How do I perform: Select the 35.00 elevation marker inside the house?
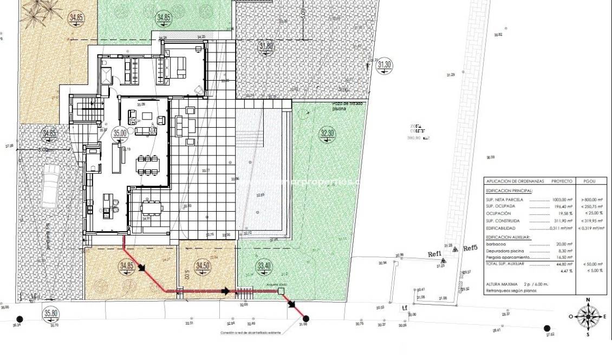pos(119,133)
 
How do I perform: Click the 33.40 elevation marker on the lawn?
pos(263,266)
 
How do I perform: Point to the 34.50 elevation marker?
pos(203,266)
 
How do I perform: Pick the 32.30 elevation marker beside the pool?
pos(328,134)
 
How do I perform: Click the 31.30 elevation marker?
pos(385,65)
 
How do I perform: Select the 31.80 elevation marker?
pos(266,47)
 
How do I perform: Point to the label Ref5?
pos(470,248)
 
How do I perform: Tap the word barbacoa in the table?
pos(497,244)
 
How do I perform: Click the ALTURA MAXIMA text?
pos(502,284)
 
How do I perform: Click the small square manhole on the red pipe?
pos(281,291)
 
